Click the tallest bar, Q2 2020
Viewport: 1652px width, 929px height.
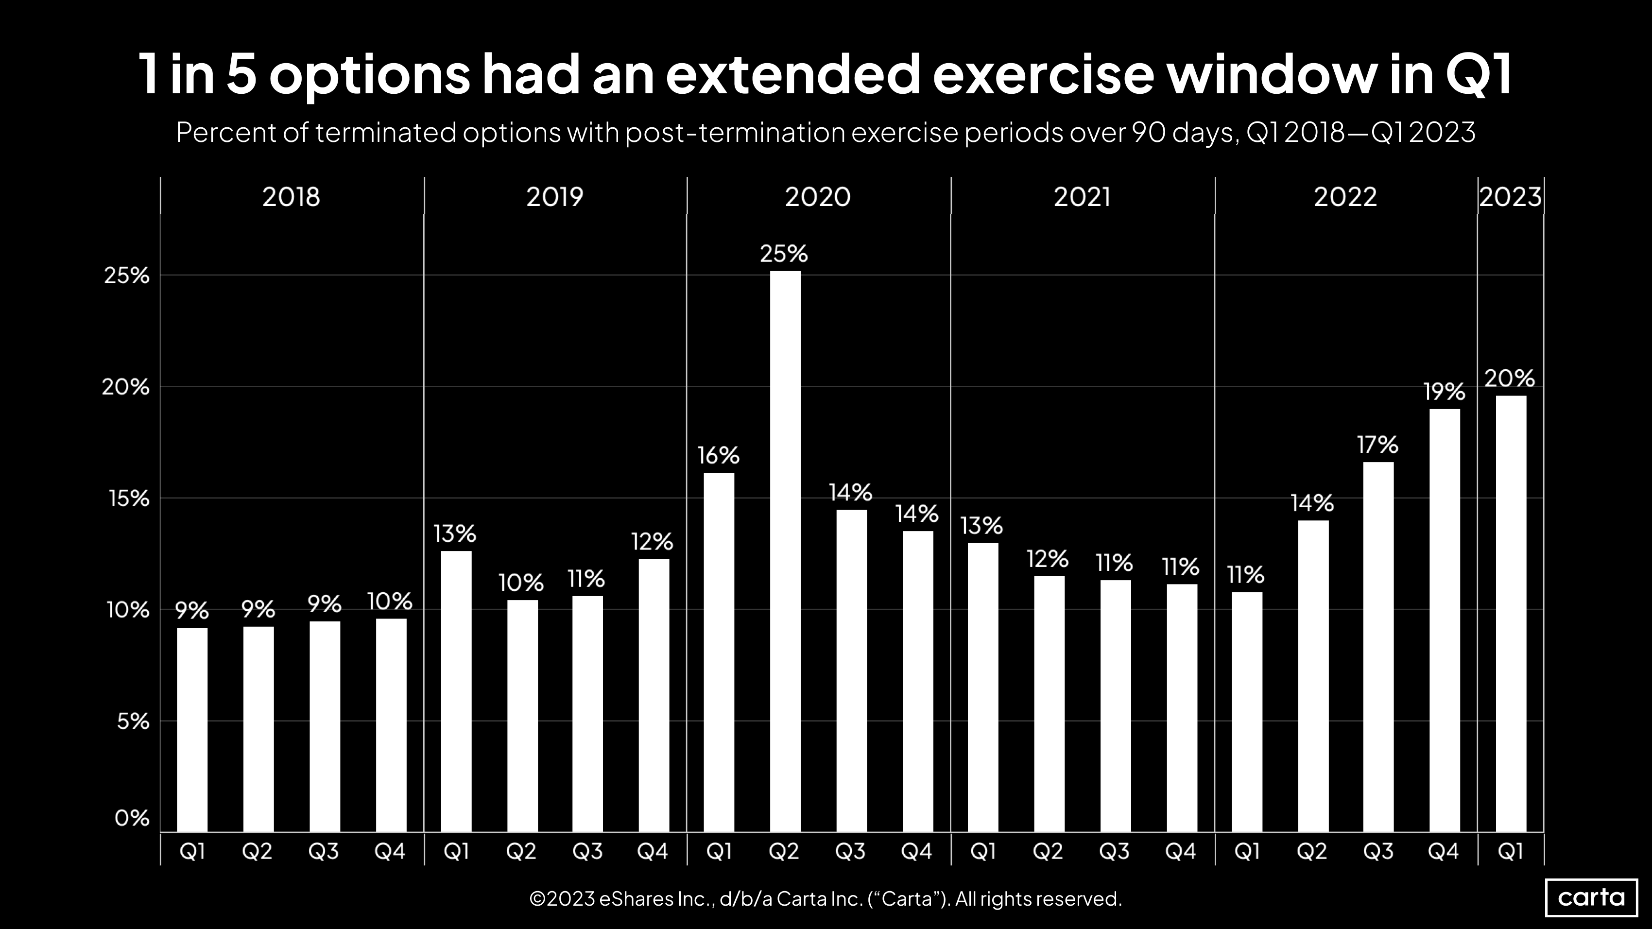pyautogui.click(x=785, y=551)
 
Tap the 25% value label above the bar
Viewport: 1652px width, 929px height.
pyautogui.click(x=784, y=254)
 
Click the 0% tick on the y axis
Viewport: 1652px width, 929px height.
pyautogui.click(x=132, y=818)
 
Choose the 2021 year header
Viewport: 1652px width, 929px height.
pyautogui.click(x=1082, y=196)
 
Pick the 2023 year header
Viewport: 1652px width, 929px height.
pyautogui.click(x=1510, y=196)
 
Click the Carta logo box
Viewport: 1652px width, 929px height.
pyautogui.click(x=1591, y=897)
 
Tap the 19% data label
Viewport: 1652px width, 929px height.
pyautogui.click(x=1444, y=392)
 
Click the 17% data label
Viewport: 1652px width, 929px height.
pyautogui.click(x=1377, y=445)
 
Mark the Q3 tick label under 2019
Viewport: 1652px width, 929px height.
pyautogui.click(x=587, y=851)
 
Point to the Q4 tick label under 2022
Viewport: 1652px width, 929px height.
pyautogui.click(x=1444, y=851)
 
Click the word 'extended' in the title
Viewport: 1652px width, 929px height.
pyautogui.click(x=793, y=74)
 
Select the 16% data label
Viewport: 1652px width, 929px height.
pyautogui.click(x=718, y=456)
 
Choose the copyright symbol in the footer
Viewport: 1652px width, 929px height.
pyautogui.click(x=537, y=899)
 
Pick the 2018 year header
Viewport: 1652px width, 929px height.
pyautogui.click(x=291, y=196)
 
